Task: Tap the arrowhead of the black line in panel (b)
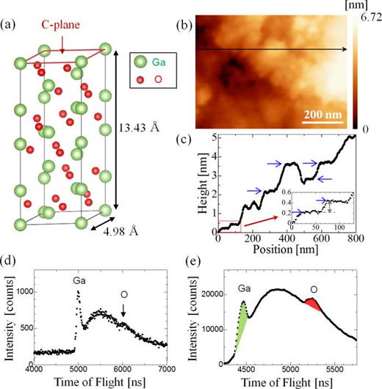345,50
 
